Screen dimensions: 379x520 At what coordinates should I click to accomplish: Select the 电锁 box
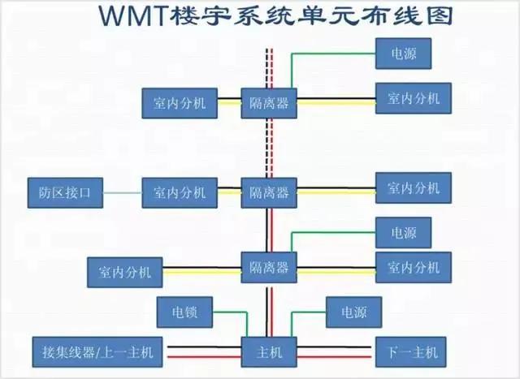(184, 311)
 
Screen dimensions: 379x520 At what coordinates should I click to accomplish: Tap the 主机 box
(269, 351)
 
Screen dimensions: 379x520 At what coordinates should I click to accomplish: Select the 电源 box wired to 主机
(353, 311)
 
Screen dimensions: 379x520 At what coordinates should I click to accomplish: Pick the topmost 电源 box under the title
(403, 54)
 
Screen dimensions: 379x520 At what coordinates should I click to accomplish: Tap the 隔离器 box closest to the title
(269, 102)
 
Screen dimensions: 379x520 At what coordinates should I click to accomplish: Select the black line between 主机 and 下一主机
(334, 352)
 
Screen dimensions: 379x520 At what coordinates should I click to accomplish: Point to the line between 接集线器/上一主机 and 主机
(203, 352)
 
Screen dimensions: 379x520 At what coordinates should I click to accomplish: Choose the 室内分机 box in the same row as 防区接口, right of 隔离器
(413, 188)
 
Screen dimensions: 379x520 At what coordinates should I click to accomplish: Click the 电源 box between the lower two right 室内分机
(403, 233)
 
